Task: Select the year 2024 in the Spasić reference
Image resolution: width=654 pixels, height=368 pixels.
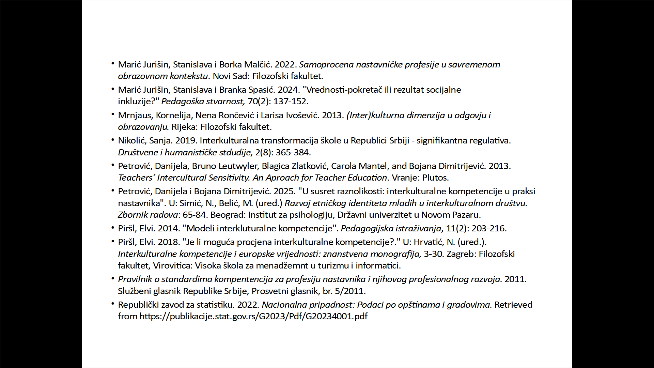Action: click(288, 90)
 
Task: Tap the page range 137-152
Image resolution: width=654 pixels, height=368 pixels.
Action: click(291, 102)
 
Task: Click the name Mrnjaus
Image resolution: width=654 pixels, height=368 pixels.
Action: click(135, 116)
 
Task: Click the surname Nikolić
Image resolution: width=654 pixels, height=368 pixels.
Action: click(131, 141)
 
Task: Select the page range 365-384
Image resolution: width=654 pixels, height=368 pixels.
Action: click(293, 152)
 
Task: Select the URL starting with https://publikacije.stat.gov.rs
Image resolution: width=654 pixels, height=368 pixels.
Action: click(253, 317)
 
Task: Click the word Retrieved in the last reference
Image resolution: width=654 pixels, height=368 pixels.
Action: click(513, 305)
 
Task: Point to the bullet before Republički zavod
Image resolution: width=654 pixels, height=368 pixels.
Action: click(113, 303)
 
